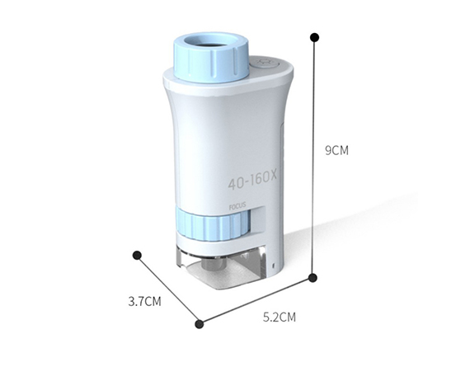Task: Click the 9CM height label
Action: pos(337,151)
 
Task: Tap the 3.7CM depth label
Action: pos(144,301)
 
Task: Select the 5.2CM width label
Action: pos(278,317)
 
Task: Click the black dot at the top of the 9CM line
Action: pos(314,37)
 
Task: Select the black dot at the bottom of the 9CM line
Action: pos(313,277)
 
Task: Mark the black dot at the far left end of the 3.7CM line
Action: pos(138,255)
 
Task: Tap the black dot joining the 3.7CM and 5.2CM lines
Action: pos(200,322)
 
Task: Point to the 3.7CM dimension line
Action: pos(168,289)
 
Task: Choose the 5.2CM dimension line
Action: pos(256,299)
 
